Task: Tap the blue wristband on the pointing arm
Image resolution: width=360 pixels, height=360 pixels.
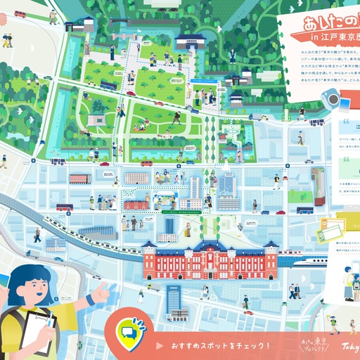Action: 90,298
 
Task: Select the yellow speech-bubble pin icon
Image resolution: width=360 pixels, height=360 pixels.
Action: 129,330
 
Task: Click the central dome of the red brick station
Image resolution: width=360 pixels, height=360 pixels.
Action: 209,247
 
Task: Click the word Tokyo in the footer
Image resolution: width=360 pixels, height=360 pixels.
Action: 350,345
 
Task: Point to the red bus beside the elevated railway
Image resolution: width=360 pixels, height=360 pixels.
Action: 64,208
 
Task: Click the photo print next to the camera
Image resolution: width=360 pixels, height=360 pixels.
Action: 347,105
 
